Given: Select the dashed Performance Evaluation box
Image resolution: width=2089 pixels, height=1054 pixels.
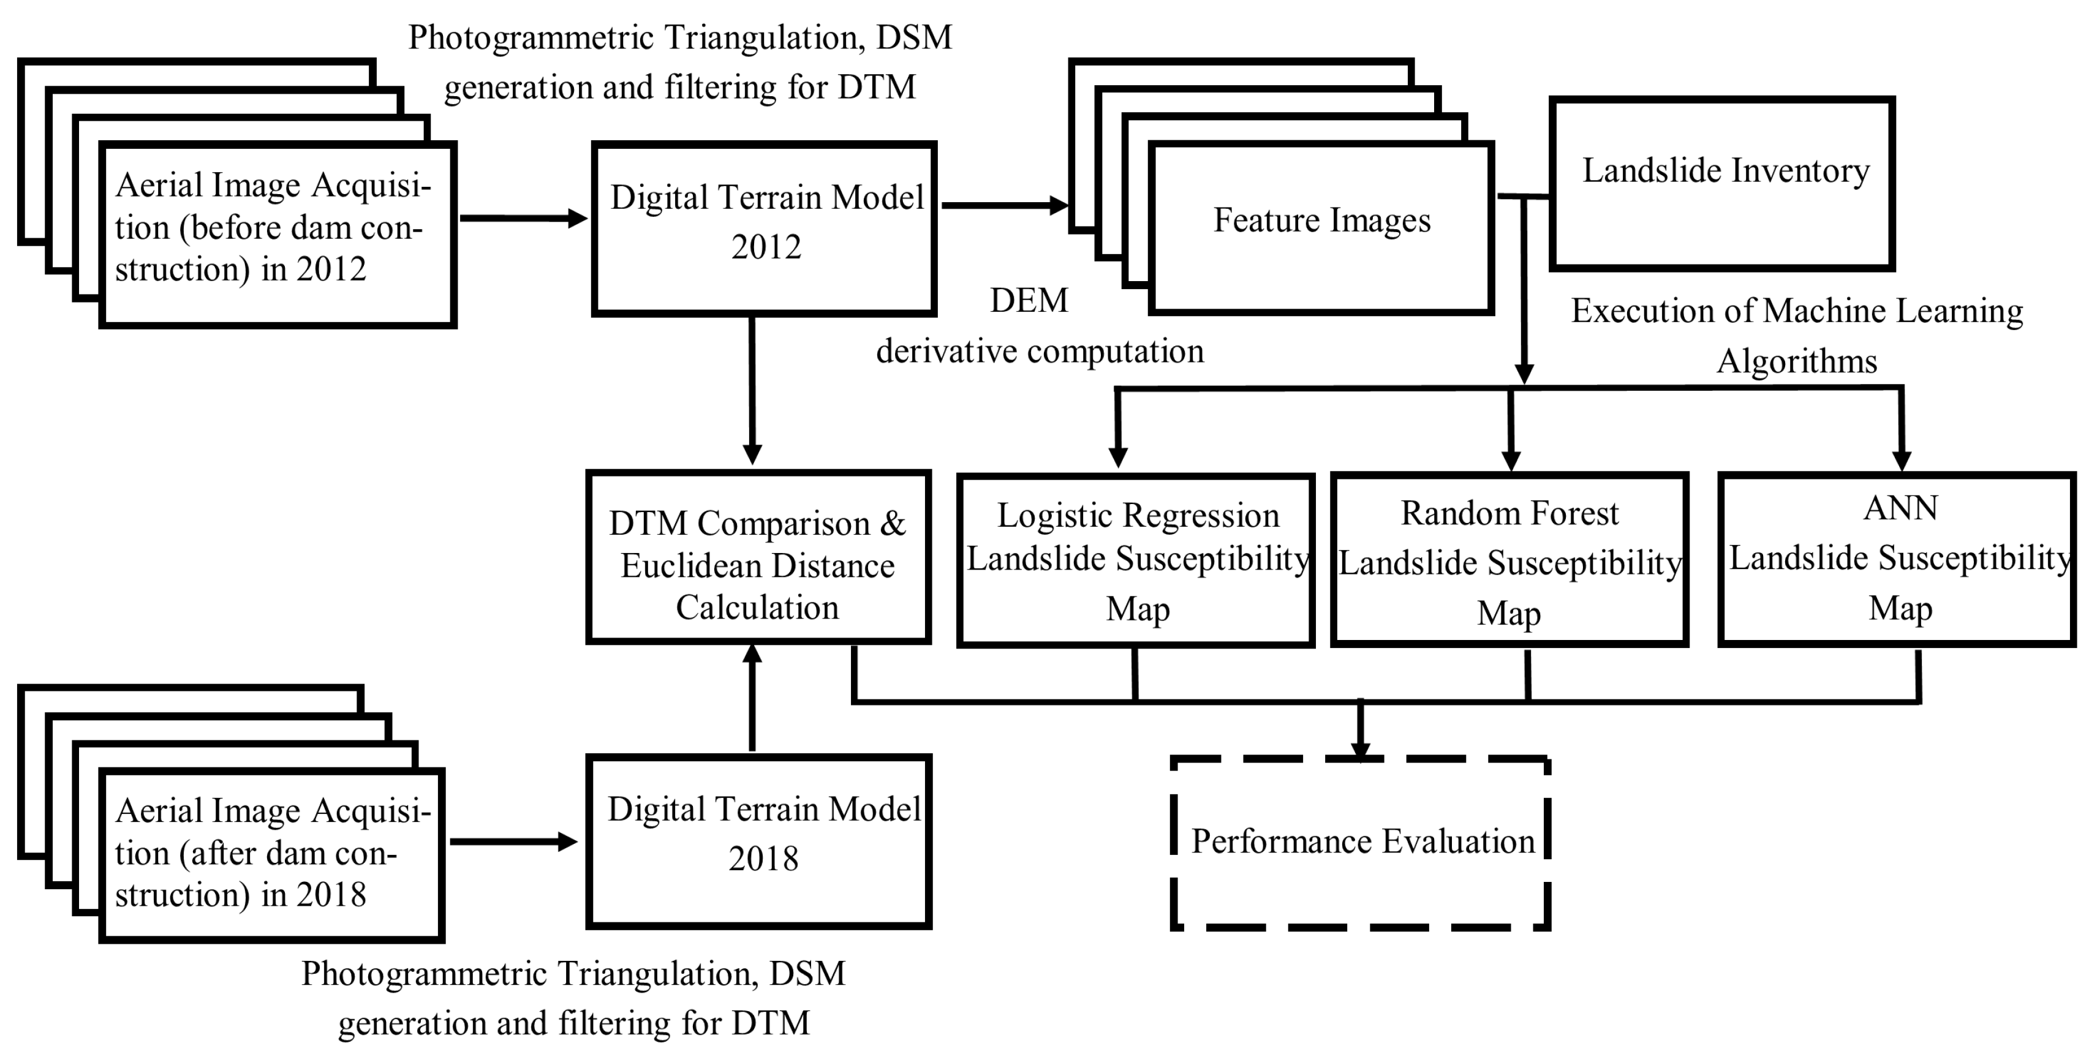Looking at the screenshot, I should [1361, 843].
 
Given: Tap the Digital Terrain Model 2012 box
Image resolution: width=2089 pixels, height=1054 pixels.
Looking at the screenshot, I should [764, 228].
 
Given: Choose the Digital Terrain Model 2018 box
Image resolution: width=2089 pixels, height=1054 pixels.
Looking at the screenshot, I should [759, 841].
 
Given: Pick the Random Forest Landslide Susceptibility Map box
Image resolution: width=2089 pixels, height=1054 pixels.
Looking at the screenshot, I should [1509, 559].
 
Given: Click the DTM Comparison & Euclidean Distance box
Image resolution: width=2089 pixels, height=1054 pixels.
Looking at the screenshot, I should [758, 557].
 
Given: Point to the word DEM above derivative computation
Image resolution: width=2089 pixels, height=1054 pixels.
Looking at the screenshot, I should [1029, 301].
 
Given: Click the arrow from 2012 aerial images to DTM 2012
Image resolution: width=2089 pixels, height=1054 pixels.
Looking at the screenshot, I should [523, 217].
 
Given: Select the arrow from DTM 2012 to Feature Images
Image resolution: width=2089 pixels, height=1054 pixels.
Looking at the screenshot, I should [1004, 205].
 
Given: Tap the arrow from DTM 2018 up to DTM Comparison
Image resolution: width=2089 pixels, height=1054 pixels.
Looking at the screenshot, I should [752, 698].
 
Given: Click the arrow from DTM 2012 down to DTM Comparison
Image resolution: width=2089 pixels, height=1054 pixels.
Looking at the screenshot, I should [752, 389].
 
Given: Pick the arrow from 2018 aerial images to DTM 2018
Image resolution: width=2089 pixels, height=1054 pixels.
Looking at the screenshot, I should [513, 841].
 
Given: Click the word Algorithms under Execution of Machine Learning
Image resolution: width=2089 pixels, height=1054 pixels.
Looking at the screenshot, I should [1796, 361].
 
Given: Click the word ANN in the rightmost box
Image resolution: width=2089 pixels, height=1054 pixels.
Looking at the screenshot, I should [1900, 508].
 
